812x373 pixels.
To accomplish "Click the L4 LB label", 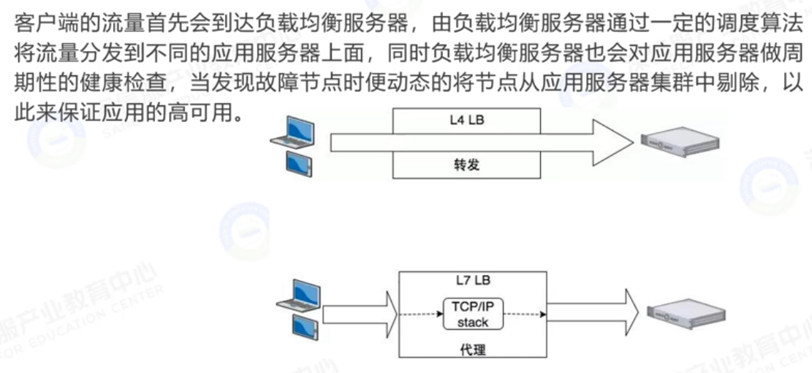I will pyautogui.click(x=467, y=120).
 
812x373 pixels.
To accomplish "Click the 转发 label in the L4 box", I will pyautogui.click(x=466, y=167).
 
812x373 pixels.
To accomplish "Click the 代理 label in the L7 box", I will pyautogui.click(x=471, y=350).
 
